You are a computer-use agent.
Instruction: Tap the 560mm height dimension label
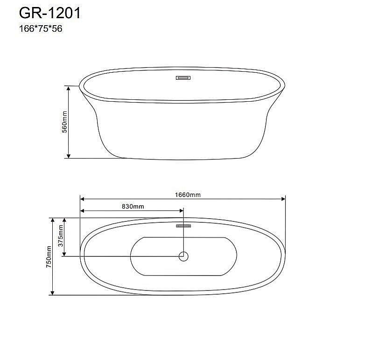65,122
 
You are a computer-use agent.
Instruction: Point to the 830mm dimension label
133,206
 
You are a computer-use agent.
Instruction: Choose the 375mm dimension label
60,236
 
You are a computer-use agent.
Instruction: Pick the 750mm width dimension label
49,256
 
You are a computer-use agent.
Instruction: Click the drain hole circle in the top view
184,256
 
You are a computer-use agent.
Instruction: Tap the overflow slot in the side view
182,78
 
